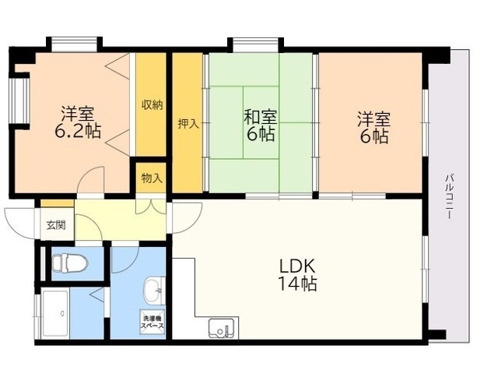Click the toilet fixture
(x=69, y=263)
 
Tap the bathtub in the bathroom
(x=55, y=313)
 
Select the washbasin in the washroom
(x=154, y=291)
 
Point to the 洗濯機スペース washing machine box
(x=153, y=322)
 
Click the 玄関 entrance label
(x=56, y=225)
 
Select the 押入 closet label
(x=188, y=123)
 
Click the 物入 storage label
(x=152, y=178)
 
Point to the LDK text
(x=297, y=266)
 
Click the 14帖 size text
(x=297, y=284)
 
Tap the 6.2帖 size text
(x=78, y=130)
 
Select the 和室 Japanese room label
(x=261, y=117)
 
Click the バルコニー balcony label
(x=449, y=196)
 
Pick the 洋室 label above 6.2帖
(x=78, y=113)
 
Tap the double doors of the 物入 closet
(x=151, y=206)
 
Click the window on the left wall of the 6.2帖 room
(x=19, y=101)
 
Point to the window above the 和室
(x=256, y=45)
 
